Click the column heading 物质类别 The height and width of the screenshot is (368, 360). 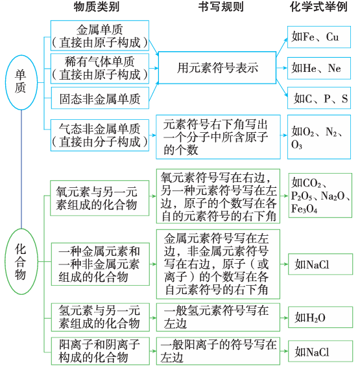click(99, 8)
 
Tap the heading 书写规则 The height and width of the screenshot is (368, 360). click(219, 8)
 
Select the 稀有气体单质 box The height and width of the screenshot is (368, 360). click(99, 68)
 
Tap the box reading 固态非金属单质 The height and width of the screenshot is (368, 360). click(99, 99)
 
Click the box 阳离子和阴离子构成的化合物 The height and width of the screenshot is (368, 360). click(99, 351)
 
